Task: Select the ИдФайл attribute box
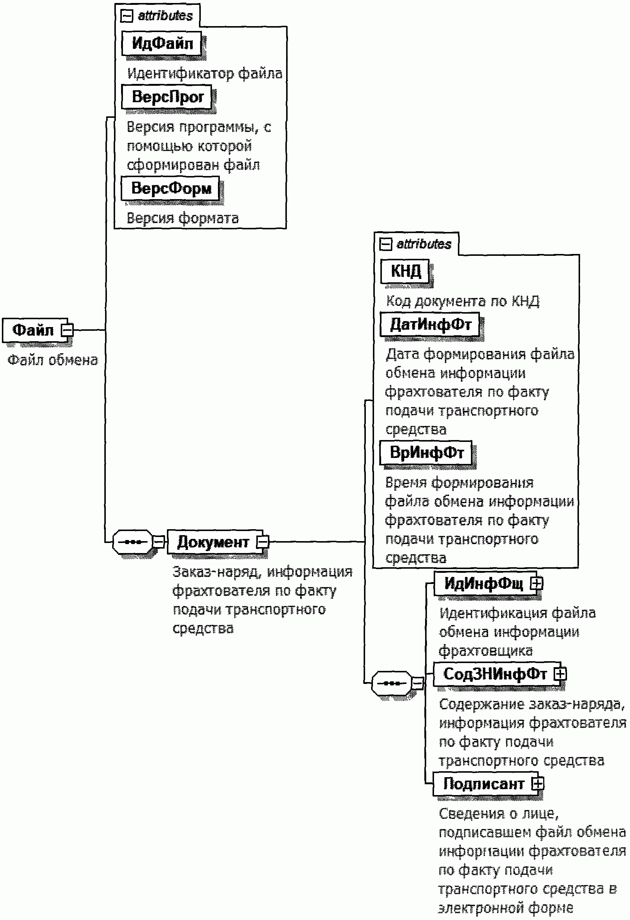[162, 44]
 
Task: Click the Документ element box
[213, 542]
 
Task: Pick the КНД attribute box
[405, 271]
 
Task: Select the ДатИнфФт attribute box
[430, 324]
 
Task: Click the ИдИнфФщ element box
[483, 583]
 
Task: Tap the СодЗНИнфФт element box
[494, 674]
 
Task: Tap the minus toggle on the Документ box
[263, 542]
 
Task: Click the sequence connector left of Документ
[133, 542]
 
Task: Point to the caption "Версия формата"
[182, 218]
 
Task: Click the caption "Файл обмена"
[53, 360]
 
